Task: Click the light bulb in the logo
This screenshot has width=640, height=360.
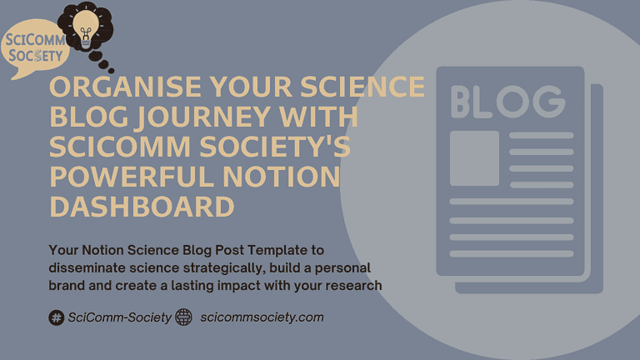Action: pos(86,29)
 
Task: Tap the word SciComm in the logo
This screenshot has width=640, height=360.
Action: pos(35,40)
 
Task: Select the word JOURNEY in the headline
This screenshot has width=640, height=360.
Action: pos(203,117)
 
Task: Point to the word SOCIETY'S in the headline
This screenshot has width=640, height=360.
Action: pos(275,146)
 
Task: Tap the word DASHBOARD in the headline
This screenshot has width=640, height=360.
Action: pos(142,206)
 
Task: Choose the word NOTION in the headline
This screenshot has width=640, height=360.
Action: pos(281,177)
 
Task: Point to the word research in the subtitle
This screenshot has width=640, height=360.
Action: pos(353,285)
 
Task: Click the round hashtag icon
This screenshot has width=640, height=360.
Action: pos(57,317)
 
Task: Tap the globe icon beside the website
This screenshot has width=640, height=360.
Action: pos(183,317)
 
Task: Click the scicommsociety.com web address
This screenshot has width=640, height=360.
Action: pos(262,317)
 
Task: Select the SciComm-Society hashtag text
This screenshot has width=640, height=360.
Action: pos(119,317)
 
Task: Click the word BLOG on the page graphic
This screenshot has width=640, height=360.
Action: pos(508,102)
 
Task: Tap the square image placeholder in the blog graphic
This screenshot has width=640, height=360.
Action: pos(474,158)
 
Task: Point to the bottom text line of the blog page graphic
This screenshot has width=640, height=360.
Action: pos(512,254)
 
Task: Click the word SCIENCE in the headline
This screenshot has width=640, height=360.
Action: pos(362,87)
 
